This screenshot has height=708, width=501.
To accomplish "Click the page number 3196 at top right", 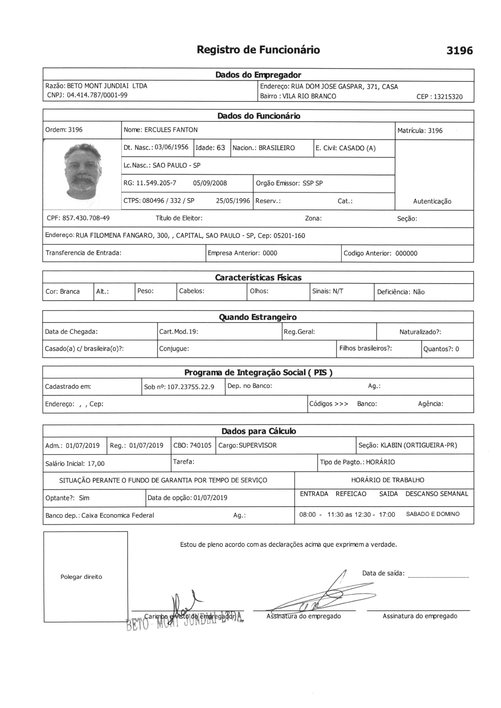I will [459, 50].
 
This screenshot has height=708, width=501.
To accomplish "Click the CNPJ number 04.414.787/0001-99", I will [97, 95].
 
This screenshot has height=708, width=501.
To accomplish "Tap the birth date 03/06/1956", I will [171, 147].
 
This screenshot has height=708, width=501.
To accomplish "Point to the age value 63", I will [221, 148].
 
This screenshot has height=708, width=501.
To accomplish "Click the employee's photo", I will [82, 171].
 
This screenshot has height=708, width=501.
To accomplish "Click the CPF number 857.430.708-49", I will [86, 218].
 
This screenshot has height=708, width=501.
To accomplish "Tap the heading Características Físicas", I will [258, 277].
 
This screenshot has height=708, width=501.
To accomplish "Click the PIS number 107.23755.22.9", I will [190, 387].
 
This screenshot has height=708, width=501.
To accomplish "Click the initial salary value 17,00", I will [96, 463].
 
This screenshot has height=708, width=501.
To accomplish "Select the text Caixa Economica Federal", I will [118, 515].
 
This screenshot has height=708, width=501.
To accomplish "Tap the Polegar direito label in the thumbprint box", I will [81, 577].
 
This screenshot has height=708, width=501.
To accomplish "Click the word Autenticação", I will [432, 201].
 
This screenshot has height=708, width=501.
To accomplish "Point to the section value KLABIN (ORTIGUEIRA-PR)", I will [419, 445].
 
